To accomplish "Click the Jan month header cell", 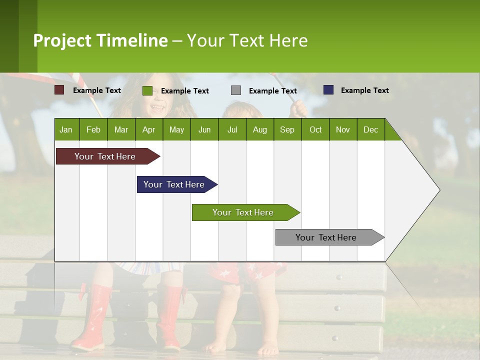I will click(66, 129).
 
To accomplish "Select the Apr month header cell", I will click(149, 129).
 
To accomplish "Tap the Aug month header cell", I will click(259, 129).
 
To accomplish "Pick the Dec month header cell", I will click(370, 129).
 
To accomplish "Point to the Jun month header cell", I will click(204, 129).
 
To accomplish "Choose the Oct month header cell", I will click(315, 129).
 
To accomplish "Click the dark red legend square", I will click(59, 90).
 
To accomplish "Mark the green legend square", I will click(147, 90).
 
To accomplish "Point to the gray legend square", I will click(236, 90).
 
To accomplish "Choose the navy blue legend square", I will click(328, 90).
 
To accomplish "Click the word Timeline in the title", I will click(132, 40).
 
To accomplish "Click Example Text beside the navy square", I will click(364, 90).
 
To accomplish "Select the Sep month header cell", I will click(287, 129).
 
